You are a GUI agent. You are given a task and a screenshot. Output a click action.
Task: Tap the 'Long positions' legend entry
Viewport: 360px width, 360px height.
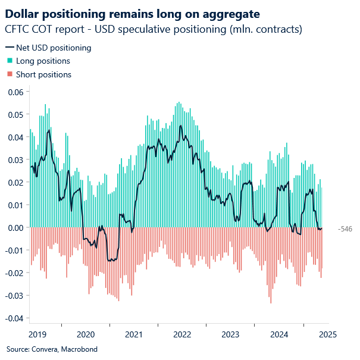[x=43, y=61]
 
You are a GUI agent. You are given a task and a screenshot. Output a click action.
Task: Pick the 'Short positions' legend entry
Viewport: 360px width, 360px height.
[x=43, y=74]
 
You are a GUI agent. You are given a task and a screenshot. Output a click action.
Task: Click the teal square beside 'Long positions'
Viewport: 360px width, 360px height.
[x=9, y=61]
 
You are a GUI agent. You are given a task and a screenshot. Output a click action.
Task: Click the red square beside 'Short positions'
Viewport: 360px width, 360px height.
[x=9, y=74]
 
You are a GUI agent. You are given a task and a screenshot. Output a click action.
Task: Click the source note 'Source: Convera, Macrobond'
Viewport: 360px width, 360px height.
[x=52, y=349]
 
